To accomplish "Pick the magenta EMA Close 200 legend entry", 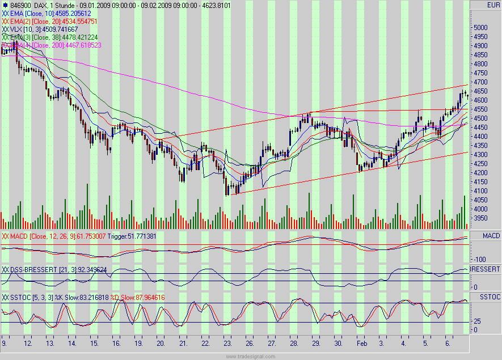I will tap(54, 44).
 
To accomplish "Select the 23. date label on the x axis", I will tap(227, 344).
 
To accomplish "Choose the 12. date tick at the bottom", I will tap(27, 344).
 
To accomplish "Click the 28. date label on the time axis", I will tap(294, 344).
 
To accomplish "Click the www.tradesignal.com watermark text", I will tap(250, 356).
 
